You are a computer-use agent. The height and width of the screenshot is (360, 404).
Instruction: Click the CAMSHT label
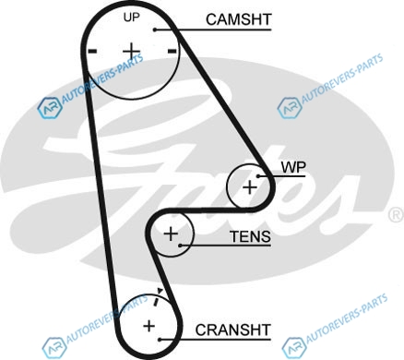click(239, 19)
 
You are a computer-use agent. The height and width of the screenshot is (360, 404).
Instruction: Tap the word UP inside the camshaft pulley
click(132, 18)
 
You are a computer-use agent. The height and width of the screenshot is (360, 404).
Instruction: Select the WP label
click(293, 167)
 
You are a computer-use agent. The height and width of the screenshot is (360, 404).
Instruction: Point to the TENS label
click(250, 236)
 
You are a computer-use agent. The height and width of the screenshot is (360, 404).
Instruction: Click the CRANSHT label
click(233, 330)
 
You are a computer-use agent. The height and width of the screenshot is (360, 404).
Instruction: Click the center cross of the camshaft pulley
click(132, 51)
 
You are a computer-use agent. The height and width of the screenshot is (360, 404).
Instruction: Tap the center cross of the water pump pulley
click(250, 187)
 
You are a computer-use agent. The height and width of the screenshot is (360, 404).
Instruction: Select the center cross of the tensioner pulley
click(171, 234)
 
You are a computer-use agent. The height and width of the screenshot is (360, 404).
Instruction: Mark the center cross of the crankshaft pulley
click(149, 326)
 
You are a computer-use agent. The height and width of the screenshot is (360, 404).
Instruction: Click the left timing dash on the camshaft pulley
click(92, 51)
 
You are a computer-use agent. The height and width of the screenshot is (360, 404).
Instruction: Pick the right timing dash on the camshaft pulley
click(172, 51)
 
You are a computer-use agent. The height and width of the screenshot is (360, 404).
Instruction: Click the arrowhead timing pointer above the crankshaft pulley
click(160, 291)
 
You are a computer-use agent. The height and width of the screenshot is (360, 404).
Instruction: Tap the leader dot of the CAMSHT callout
click(155, 30)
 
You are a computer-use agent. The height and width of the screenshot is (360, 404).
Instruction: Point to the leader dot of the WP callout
click(258, 176)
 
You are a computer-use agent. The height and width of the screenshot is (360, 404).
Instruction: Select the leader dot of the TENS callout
click(181, 246)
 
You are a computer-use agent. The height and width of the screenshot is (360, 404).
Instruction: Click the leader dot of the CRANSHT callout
click(160, 340)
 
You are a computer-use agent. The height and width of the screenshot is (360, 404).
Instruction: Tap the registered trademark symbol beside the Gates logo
click(397, 215)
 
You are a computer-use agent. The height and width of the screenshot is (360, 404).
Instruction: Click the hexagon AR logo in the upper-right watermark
click(290, 108)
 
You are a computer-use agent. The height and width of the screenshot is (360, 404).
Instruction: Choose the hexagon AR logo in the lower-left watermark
click(54, 348)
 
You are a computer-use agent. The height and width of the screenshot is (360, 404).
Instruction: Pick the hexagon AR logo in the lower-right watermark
click(294, 348)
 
